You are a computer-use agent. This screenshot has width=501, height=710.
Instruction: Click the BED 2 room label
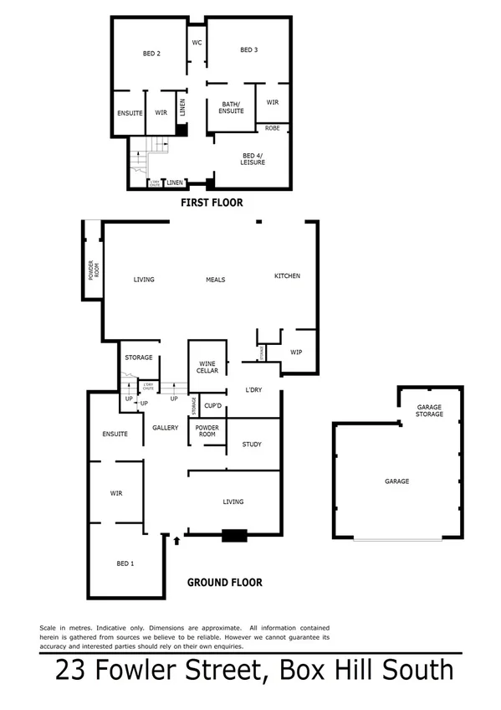pos(151,54)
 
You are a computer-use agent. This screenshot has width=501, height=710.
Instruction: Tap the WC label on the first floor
pos(197,42)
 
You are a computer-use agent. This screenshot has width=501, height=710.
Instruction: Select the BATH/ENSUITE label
pos(232,107)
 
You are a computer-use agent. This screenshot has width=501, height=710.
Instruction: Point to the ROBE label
pos(273,128)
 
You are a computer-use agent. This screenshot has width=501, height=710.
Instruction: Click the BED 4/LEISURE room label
pos(253,159)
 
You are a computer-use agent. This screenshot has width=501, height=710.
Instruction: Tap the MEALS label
pos(216,280)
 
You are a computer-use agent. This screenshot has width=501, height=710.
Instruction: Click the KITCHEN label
pos(287,276)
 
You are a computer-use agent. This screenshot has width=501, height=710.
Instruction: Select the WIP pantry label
pos(296,352)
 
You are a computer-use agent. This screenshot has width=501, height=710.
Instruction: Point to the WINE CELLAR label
pos(207,367)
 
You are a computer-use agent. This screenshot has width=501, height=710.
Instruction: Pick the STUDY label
pos(252,445)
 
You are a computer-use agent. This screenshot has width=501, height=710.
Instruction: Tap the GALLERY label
pos(166,428)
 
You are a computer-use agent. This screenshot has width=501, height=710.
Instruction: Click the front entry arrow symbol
pos(176,541)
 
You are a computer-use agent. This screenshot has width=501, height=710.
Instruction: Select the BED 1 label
pos(124,563)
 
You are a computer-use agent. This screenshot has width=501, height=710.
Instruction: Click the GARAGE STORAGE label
pos(429,410)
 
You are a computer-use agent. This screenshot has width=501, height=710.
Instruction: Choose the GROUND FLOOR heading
pos(224,583)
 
